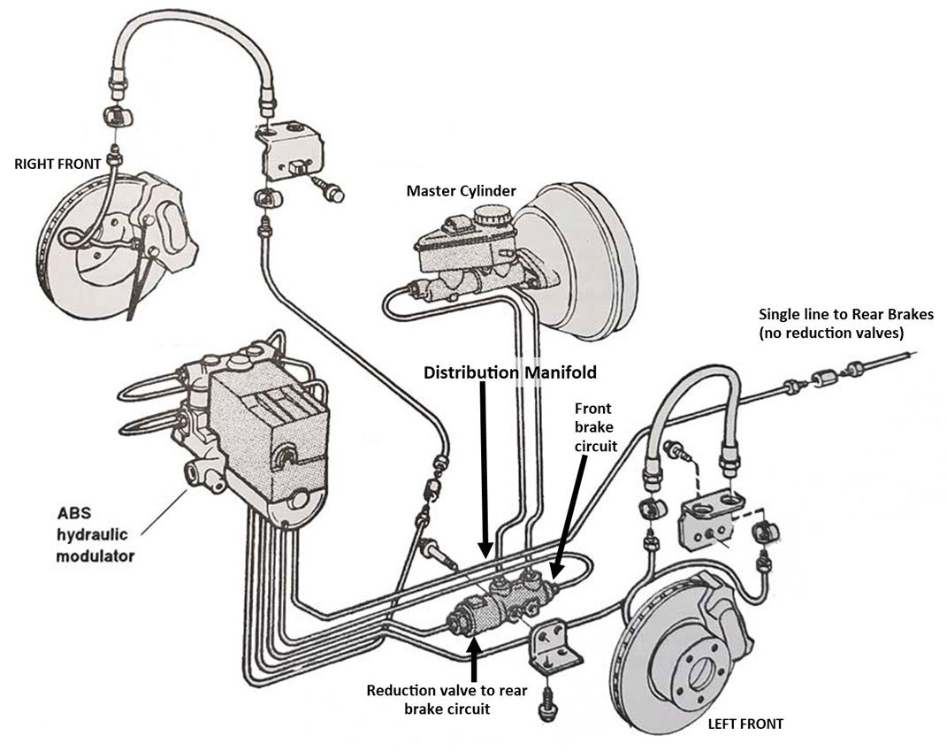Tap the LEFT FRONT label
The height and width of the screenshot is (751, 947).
click(x=745, y=724)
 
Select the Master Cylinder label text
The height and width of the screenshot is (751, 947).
click(x=461, y=190)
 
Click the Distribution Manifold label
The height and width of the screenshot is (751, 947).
click(x=510, y=372)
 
